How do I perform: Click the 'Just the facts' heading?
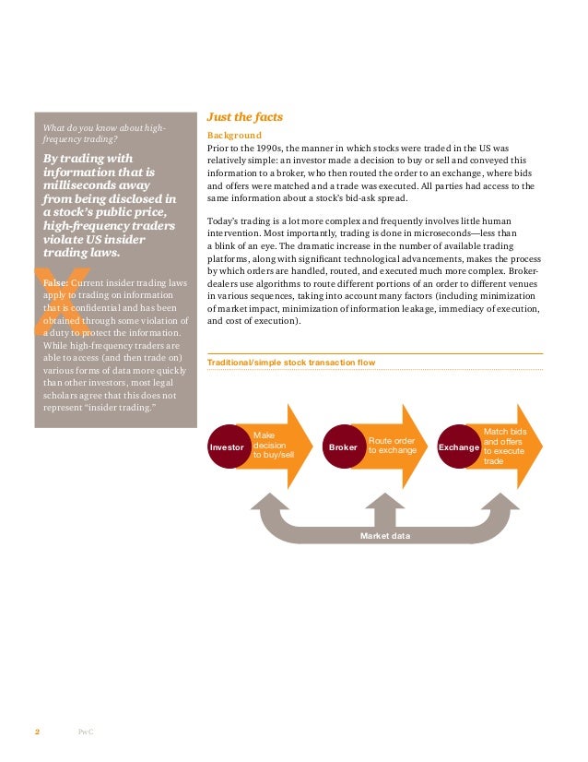pyautogui.click(x=244, y=117)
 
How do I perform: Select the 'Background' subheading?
pyautogui.click(x=234, y=135)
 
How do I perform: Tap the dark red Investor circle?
pyautogui.click(x=227, y=447)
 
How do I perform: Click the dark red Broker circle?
pyautogui.click(x=342, y=447)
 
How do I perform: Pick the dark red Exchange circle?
pyautogui.click(x=459, y=447)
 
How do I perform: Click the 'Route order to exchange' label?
pyautogui.click(x=392, y=446)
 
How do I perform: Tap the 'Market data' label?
pyautogui.click(x=385, y=535)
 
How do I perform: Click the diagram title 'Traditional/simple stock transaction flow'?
pyautogui.click(x=291, y=363)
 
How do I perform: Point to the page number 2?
pyautogui.click(x=37, y=732)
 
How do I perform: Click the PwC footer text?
pyautogui.click(x=86, y=732)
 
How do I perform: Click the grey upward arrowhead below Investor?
pyautogui.click(x=267, y=503)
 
